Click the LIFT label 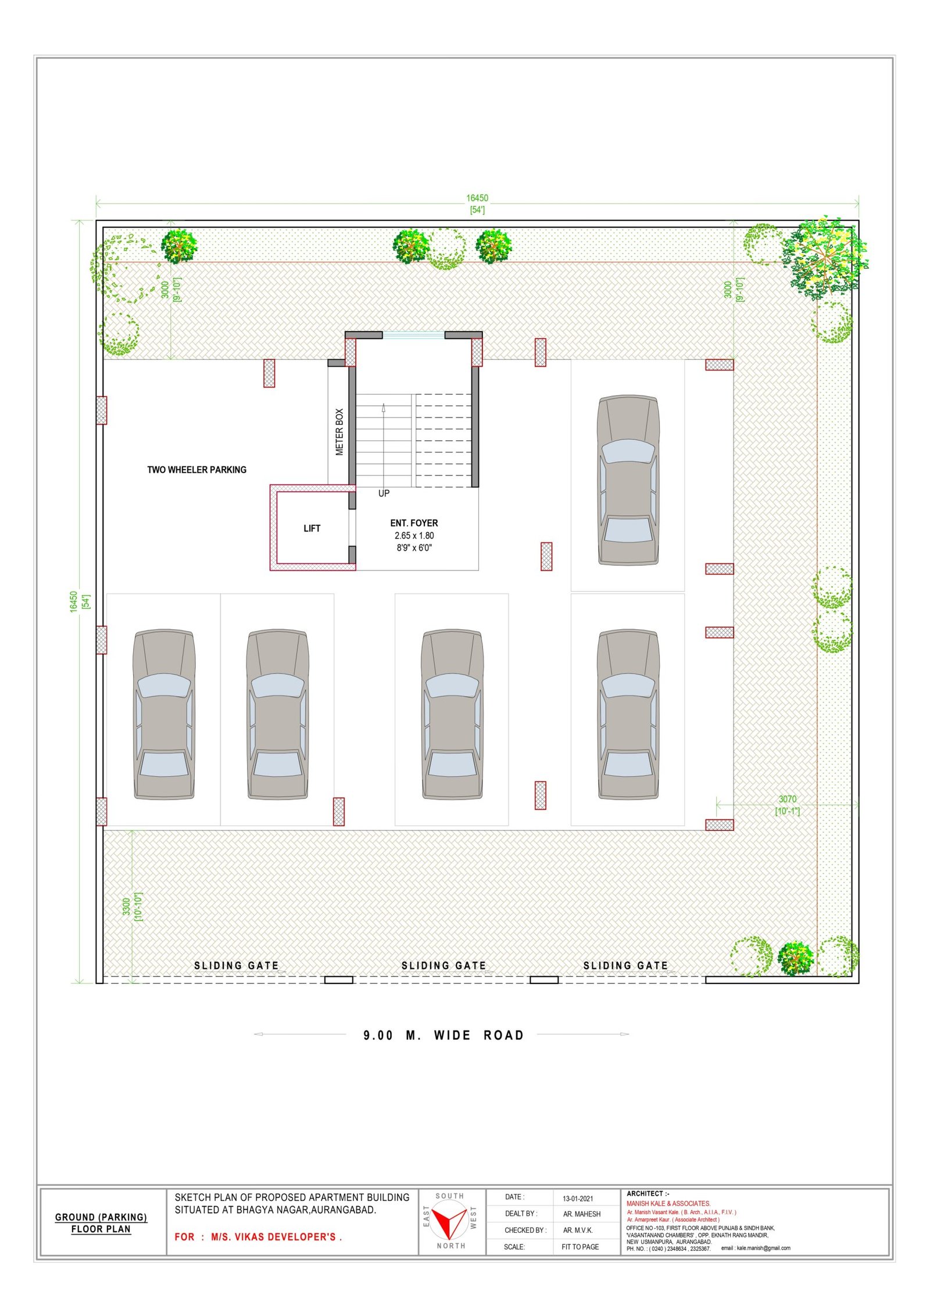312,528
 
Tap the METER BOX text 339,431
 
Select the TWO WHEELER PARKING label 196,469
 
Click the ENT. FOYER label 414,523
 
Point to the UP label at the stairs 384,493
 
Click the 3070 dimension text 788,799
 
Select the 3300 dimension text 126,907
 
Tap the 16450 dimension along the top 477,198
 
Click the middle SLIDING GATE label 443,965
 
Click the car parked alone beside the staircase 628,480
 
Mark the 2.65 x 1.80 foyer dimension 414,536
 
